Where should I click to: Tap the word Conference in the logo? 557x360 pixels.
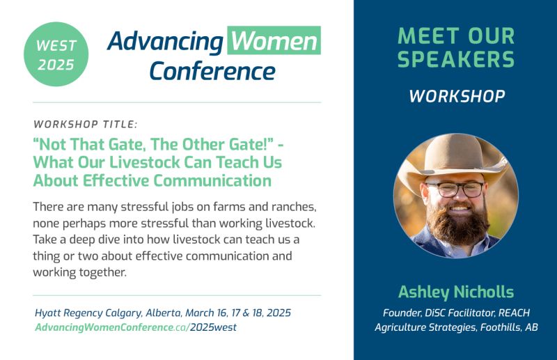pyautogui.click(x=212, y=70)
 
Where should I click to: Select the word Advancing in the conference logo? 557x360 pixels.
pyautogui.click(x=166, y=42)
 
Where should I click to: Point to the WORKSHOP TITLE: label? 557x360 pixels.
pyautogui.click(x=85, y=125)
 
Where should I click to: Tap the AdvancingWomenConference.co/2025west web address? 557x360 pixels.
pyautogui.click(x=136, y=327)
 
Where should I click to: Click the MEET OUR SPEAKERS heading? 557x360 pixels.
pyautogui.click(x=456, y=48)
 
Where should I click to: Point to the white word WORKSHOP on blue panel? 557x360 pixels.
pyautogui.click(x=456, y=96)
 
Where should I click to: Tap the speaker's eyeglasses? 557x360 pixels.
pyautogui.click(x=456, y=189)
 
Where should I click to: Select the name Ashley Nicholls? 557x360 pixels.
pyautogui.click(x=455, y=292)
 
